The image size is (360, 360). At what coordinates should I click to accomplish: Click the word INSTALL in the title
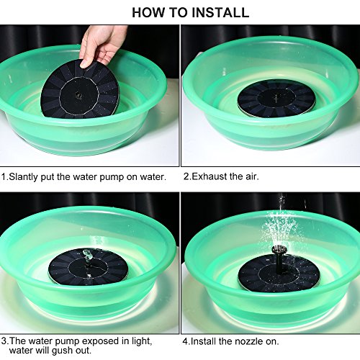222,12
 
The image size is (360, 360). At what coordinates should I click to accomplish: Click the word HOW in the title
148,12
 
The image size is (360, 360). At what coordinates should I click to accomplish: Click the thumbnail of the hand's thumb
85,64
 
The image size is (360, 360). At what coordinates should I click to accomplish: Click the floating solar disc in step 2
276,99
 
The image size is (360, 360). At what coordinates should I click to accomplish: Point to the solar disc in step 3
88,267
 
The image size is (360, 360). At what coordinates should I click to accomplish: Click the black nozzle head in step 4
279,250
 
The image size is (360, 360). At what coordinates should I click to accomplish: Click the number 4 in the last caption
185,341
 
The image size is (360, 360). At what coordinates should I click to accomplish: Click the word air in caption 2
251,176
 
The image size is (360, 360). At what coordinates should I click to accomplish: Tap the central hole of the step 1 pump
77,94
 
